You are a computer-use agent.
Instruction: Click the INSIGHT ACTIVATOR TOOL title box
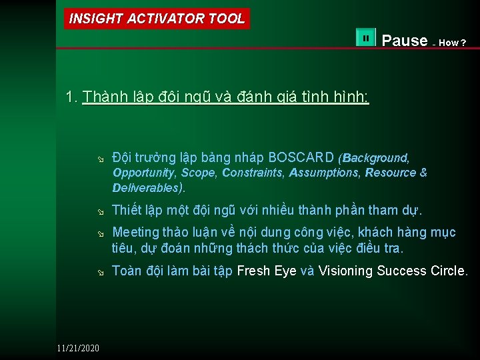(157, 19)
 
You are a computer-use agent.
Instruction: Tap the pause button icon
(366, 39)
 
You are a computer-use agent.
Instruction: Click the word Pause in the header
(404, 41)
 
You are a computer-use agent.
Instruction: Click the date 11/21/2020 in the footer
(77, 348)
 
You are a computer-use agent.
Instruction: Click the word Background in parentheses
(375, 158)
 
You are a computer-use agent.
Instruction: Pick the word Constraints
(253, 173)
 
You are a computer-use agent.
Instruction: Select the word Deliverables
(145, 187)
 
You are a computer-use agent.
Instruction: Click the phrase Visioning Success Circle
(393, 271)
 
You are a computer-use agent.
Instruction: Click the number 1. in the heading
(72, 97)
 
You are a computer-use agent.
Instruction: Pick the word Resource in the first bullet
(391, 173)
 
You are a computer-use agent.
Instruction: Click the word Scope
(199, 173)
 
